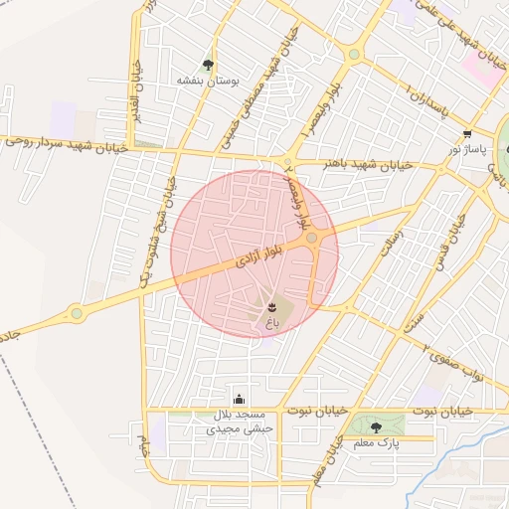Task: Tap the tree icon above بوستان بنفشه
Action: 208,65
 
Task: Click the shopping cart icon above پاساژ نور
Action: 467,133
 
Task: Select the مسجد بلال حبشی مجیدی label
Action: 239,422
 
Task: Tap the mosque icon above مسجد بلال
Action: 239,399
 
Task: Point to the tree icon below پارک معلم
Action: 375,428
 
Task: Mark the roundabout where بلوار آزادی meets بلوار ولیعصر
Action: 312,239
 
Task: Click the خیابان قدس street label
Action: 446,246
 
